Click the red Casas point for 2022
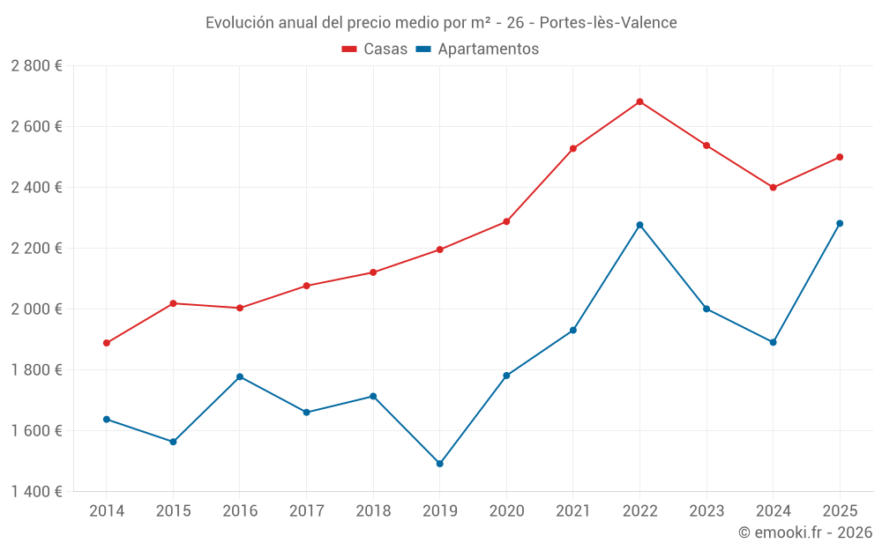click(639, 101)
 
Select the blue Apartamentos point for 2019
click(440, 464)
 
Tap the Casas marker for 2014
click(107, 343)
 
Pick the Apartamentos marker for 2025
click(840, 223)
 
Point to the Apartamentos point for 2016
click(240, 376)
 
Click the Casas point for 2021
click(573, 148)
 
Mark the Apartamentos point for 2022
click(639, 225)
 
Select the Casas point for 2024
click(774, 187)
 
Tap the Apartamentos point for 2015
click(173, 442)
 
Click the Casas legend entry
click(375, 49)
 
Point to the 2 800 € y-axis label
click(36, 66)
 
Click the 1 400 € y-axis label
click(36, 492)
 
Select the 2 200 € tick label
click(36, 249)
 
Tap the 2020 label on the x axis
click(506, 511)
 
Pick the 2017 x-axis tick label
click(306, 511)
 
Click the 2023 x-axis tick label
click(706, 511)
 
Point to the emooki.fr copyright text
click(804, 532)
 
